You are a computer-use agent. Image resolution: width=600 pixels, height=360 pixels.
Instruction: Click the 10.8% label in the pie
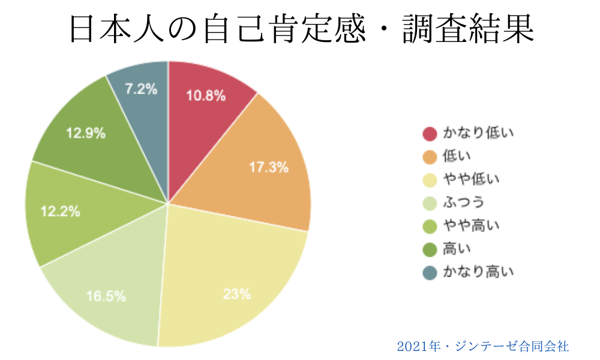tap(206, 95)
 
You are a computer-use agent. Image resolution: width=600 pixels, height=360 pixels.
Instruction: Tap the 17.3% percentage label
tap(269, 167)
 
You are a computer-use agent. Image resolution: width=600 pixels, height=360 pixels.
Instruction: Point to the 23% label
tap(236, 294)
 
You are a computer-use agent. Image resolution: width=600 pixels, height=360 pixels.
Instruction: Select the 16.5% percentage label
tap(106, 295)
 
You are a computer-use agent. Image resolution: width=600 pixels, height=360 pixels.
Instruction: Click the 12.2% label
tap(60, 211)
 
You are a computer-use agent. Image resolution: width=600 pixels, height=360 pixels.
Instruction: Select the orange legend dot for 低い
tap(430, 157)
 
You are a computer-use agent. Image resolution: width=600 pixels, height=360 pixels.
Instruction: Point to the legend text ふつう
tap(464, 202)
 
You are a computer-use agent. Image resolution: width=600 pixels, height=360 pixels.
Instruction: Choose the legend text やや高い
tap(471, 226)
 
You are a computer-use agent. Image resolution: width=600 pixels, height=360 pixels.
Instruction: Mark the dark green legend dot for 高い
tap(430, 249)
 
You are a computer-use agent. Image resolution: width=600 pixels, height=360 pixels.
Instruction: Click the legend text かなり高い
tap(478, 272)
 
